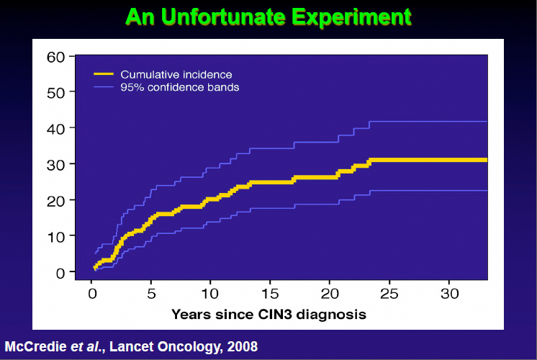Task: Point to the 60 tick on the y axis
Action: coord(56,56)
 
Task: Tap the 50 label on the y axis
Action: coord(56,92)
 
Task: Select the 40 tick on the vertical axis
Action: coord(56,128)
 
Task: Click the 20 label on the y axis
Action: coord(56,200)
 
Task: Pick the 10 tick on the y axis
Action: coord(56,236)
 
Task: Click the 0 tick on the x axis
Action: coord(92,294)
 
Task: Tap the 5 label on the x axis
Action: coord(151,294)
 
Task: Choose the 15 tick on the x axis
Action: coord(269,294)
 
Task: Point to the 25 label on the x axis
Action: coord(389,294)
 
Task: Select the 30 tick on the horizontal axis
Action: coord(448,294)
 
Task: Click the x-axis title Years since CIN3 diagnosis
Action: coord(268,314)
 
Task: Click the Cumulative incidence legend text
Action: coord(176,74)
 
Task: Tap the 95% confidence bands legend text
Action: coord(180,87)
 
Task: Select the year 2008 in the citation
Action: coord(242,347)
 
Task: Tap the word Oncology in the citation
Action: coord(191,347)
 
